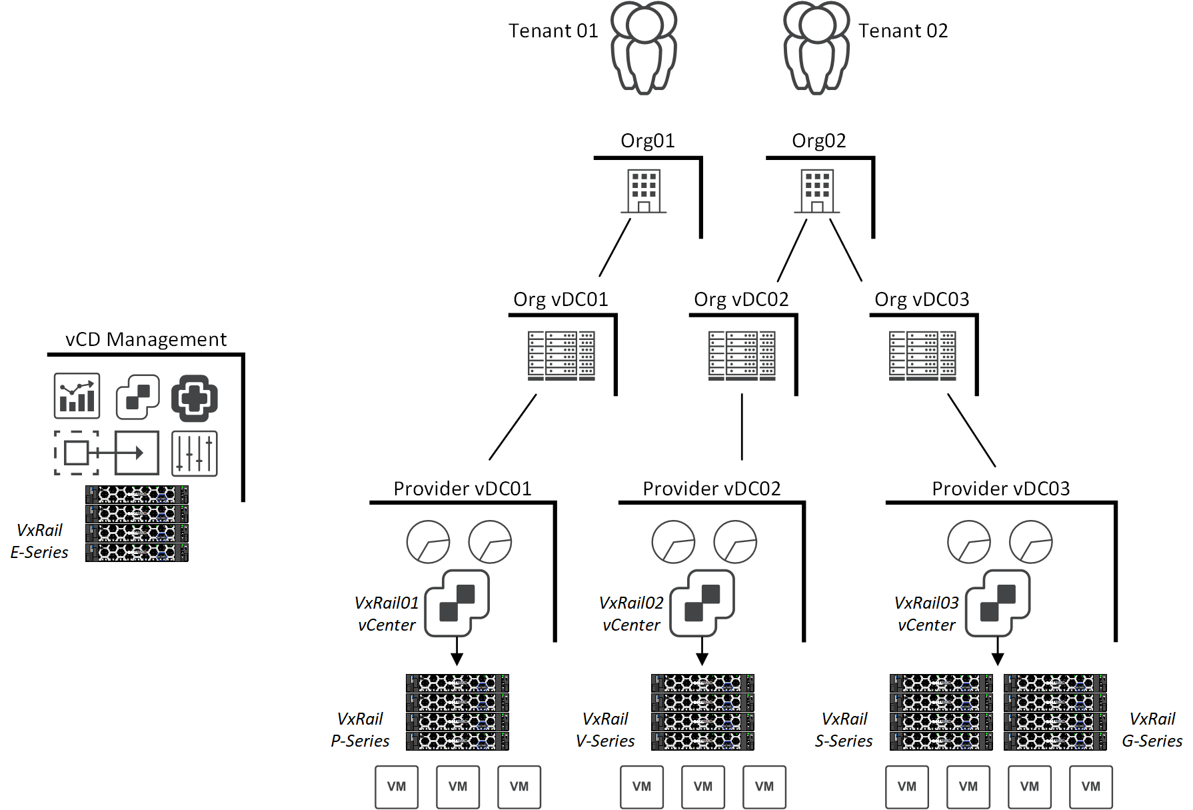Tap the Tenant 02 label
(x=902, y=31)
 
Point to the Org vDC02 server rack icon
(x=742, y=355)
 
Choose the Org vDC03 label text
(x=922, y=299)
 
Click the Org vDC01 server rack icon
(x=561, y=355)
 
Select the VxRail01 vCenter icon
(x=457, y=603)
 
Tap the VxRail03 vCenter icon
(x=998, y=603)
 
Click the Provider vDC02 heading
(x=711, y=489)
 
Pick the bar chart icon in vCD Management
(x=77, y=396)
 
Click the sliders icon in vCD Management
(x=195, y=453)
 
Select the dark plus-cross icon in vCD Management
(x=195, y=398)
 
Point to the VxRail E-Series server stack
(x=137, y=523)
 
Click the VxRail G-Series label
(x=1152, y=730)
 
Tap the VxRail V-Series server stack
(x=702, y=712)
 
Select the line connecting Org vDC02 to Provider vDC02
(x=742, y=427)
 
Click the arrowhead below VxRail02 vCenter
(x=702, y=659)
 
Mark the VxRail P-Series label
(x=360, y=730)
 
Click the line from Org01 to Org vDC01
(x=614, y=248)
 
